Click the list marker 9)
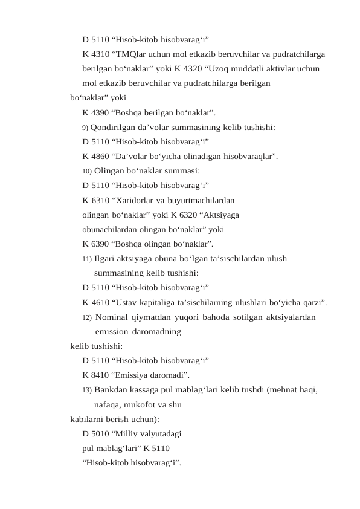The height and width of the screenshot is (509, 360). point(85,128)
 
